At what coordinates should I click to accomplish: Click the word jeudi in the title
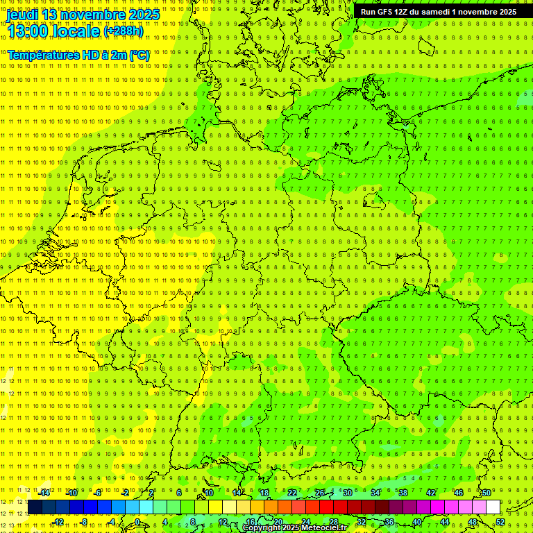pos(24,15)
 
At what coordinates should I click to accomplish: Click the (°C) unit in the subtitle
pos(139,55)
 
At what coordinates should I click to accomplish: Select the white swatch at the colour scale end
pos(493,507)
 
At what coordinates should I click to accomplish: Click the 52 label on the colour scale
pos(500,522)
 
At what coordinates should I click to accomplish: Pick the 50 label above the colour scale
pos(487,493)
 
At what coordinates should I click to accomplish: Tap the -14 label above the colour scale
pos(44,493)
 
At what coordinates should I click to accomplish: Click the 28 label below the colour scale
pos(334,522)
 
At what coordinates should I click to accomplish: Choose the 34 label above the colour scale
pos(375,493)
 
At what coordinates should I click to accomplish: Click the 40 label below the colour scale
pos(417,522)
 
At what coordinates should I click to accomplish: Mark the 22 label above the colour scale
pos(292,493)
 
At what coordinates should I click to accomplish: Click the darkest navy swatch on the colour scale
pos(35,507)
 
